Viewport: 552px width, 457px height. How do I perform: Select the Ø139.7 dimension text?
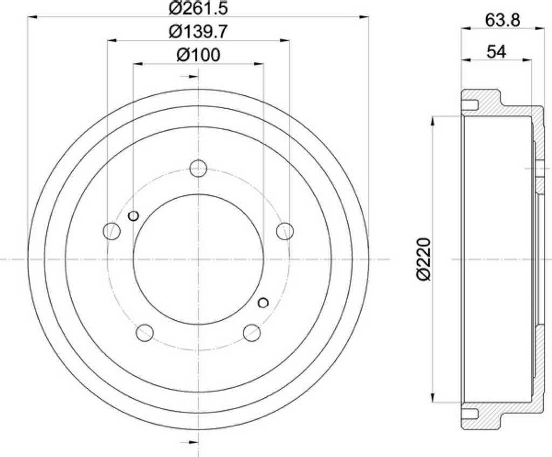[198, 32]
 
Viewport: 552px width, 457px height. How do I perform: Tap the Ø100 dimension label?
[198, 55]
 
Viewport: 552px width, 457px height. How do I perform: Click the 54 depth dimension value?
[496, 52]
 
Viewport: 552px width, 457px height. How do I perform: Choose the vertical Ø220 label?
[424, 259]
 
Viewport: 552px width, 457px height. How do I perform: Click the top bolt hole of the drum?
[198, 168]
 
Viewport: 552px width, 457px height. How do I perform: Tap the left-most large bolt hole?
[112, 231]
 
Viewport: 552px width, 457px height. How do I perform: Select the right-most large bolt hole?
[285, 231]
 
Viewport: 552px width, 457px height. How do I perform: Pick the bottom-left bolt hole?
[144, 333]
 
